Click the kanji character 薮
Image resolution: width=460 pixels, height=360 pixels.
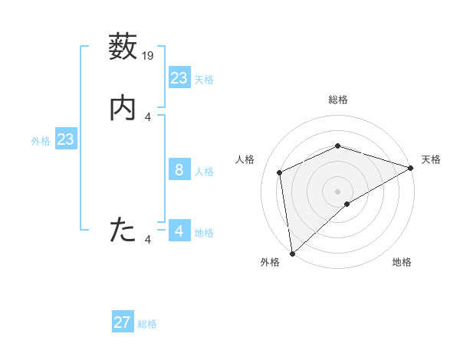(123, 47)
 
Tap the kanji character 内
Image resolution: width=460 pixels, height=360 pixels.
(123, 108)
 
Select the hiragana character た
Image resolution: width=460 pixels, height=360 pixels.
(123, 230)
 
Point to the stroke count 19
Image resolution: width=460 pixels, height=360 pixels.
(148, 56)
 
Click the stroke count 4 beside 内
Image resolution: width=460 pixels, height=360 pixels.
(148, 117)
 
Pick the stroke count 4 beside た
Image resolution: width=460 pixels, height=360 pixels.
(148, 240)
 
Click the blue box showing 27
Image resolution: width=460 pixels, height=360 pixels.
(123, 322)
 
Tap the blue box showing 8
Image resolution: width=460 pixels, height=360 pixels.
(179, 170)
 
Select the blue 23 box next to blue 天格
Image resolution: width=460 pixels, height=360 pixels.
(179, 78)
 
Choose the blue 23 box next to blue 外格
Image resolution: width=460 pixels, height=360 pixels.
(66, 139)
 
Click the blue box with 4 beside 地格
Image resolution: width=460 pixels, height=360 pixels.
(179, 231)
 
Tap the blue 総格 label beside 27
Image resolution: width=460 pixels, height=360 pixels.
(147, 324)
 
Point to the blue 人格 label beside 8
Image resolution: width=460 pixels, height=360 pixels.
(204, 172)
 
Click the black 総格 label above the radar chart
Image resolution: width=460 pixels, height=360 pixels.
(338, 100)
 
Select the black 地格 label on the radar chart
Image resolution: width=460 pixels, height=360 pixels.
(402, 262)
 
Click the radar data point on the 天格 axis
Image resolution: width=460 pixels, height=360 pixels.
(411, 169)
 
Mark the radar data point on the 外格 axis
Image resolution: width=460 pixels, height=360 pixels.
(292, 254)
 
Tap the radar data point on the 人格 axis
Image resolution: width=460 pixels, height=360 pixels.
(280, 172)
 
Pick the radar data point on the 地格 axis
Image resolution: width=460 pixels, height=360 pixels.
(347, 204)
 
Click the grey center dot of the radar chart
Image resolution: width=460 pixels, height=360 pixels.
(338, 191)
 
